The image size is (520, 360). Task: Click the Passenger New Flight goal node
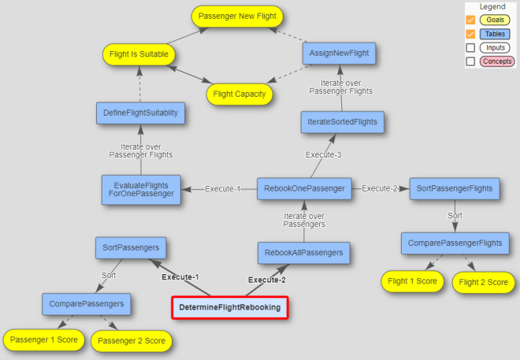237,16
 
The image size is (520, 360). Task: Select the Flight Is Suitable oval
139,55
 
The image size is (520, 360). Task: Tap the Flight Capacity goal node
240,95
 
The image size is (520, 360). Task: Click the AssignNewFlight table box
340,54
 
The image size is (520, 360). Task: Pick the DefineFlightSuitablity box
141,113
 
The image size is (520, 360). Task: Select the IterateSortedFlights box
342,121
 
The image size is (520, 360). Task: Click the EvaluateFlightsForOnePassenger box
141,189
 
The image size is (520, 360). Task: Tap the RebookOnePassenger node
303,189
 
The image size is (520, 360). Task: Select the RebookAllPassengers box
303,253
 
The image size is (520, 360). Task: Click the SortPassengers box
131,247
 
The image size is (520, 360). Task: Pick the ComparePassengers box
86,302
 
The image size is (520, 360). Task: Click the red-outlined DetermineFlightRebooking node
230,307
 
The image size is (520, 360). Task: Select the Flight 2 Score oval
483,282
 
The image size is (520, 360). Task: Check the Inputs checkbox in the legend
470,48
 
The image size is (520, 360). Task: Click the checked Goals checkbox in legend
470,20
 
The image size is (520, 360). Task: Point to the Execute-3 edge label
323,155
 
